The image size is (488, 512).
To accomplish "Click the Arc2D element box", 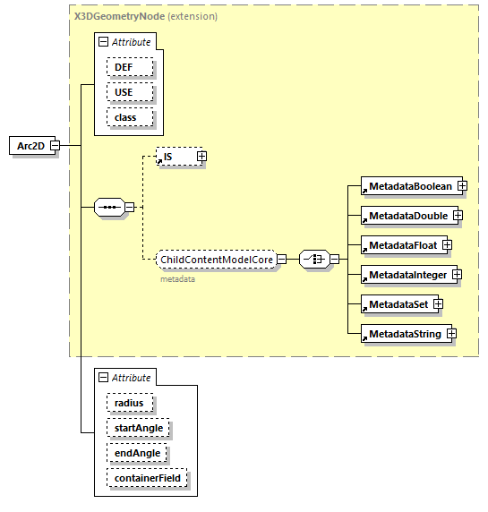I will tap(30, 145).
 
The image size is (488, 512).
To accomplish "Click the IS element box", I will tap(175, 157).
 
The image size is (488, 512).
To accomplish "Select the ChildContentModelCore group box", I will tap(215, 260).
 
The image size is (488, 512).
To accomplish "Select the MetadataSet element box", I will tap(396, 303).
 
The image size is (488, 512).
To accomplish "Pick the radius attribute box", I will tap(129, 403).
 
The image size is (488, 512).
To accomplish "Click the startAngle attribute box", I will tap(137, 428).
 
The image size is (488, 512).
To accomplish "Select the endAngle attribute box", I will tap(136, 453).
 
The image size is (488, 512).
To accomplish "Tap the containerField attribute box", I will tap(147, 478).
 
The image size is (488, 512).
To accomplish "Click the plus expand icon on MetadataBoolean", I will tap(462, 186).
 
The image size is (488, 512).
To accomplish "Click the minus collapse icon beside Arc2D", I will tap(55, 145).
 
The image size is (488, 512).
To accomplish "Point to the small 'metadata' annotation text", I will tap(178, 278).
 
